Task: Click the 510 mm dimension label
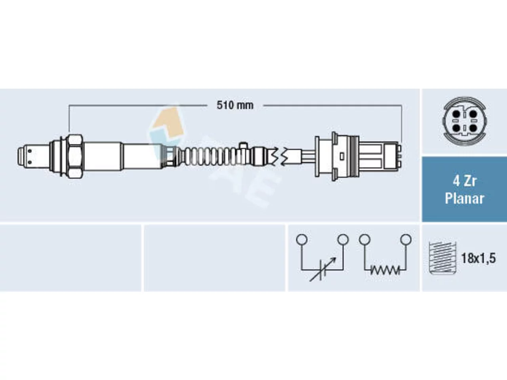[x=235, y=105]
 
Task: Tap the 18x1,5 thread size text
[x=478, y=258]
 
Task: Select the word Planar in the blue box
[x=465, y=198]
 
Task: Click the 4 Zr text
[x=465, y=181]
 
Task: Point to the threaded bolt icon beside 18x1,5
[x=442, y=258]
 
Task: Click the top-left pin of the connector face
[x=456, y=114]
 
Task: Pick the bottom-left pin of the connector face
[x=456, y=128]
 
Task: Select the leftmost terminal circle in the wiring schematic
[x=302, y=239]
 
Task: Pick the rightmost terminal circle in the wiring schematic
[x=406, y=239]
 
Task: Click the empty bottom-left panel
[x=71, y=258]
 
